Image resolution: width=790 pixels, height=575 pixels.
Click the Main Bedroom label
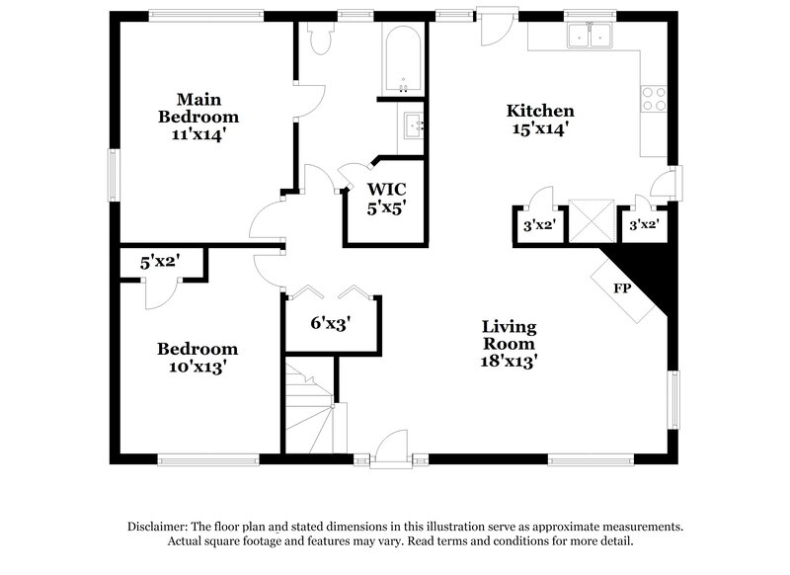(198, 116)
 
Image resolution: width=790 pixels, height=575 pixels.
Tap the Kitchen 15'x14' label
(540, 119)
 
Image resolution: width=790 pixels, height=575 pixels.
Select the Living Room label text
(509, 343)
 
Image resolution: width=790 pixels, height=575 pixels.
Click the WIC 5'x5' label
(387, 198)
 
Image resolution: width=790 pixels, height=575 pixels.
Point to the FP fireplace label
(623, 288)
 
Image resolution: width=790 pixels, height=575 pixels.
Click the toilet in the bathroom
(319, 39)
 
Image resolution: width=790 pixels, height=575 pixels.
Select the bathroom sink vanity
(413, 125)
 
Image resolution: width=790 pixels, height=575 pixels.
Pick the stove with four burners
(653, 98)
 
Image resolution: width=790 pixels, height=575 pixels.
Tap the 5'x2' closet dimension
(158, 263)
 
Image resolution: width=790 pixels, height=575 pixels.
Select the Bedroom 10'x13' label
(197, 357)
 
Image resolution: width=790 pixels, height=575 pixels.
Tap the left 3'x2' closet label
(539, 225)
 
